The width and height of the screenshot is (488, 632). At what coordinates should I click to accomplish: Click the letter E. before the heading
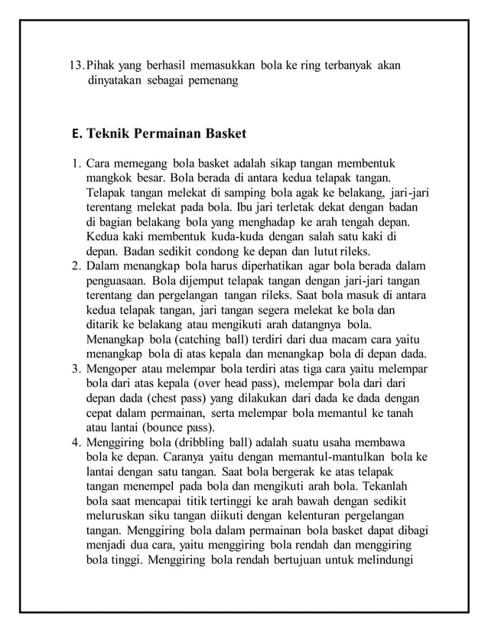pos(74,135)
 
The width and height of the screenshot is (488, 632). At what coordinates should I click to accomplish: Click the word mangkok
pos(109,178)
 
